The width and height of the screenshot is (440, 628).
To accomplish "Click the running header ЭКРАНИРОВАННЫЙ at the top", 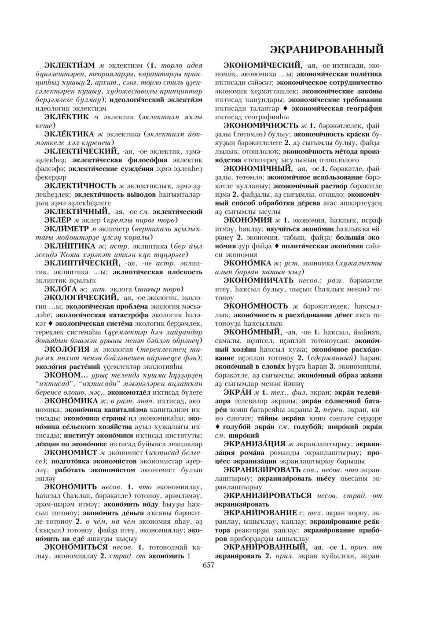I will point(326,48).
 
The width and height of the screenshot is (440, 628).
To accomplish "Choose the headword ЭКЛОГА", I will point(62,289).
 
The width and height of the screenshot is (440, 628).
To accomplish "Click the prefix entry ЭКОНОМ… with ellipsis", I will point(66,375).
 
